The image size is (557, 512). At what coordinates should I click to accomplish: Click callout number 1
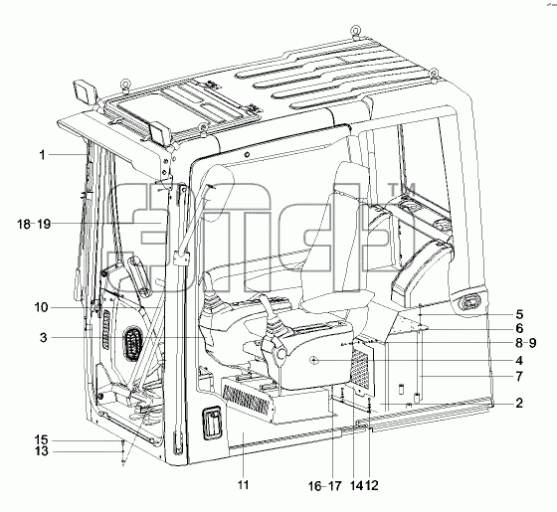click(x=42, y=155)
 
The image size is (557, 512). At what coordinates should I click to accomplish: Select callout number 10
click(x=41, y=307)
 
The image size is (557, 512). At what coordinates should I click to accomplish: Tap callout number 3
click(x=43, y=337)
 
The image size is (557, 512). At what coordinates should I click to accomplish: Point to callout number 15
click(x=41, y=440)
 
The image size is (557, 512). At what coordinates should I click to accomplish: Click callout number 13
click(x=41, y=451)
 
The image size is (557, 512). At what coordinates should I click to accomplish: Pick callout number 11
click(x=243, y=485)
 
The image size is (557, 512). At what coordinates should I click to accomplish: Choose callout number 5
click(x=519, y=314)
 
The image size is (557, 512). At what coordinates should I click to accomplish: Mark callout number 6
click(x=519, y=328)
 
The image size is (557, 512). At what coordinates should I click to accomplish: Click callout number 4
click(x=519, y=361)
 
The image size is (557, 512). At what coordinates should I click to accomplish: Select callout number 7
click(x=519, y=376)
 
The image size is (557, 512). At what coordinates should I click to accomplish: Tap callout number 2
click(x=519, y=403)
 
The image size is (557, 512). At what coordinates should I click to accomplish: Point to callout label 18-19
click(x=34, y=225)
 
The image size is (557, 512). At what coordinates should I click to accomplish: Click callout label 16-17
click(x=324, y=486)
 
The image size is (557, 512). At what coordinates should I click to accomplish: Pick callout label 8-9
click(x=526, y=343)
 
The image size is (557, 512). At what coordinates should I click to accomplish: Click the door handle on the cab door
click(x=212, y=424)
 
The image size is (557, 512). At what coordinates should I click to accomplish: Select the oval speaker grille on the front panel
click(x=132, y=345)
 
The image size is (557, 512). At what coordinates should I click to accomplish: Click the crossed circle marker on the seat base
click(x=313, y=361)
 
